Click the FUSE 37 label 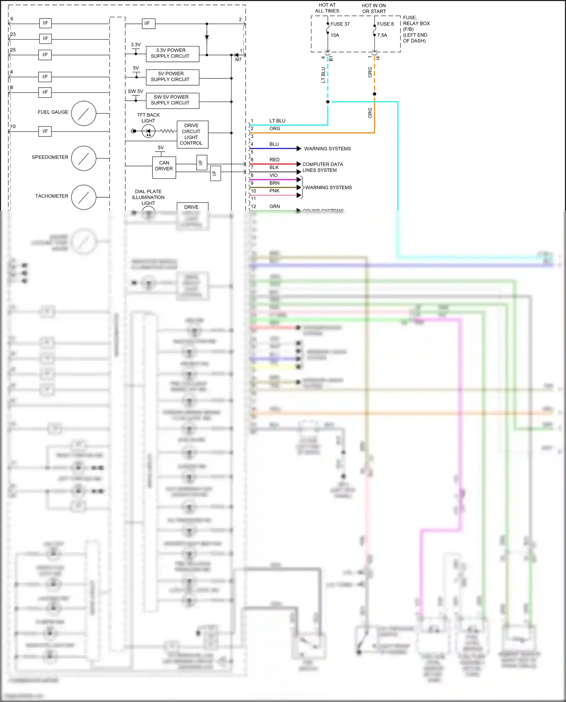(340, 24)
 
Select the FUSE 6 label (385, 24)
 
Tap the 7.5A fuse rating (382, 35)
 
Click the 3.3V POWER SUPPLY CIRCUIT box (172, 54)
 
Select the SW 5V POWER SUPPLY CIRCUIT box (172, 100)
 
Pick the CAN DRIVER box (164, 166)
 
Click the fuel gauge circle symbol (84, 113)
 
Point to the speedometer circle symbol (84, 158)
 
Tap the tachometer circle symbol (84, 197)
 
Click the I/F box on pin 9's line (45, 23)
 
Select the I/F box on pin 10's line (45, 132)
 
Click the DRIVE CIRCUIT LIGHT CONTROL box (192, 134)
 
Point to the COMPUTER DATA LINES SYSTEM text (322, 167)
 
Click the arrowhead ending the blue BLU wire (299, 149)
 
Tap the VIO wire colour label (274, 175)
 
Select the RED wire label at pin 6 (274, 160)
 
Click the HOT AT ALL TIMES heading (327, 8)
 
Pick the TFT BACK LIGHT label (148, 118)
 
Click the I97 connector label (238, 60)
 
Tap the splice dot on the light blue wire (328, 102)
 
